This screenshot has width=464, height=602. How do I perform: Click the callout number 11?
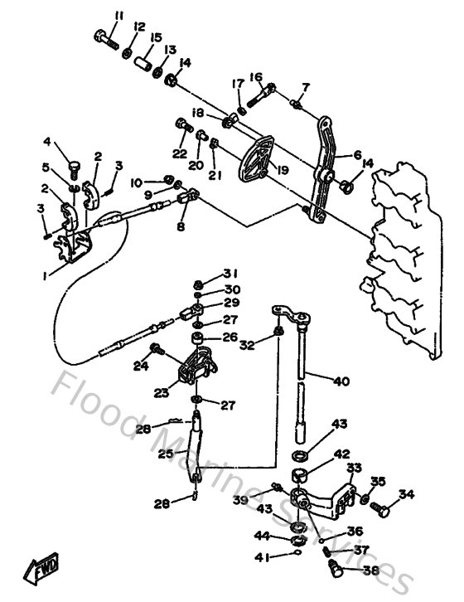click(118, 16)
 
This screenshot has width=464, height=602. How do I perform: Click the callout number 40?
click(341, 381)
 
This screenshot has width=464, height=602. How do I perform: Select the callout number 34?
click(406, 495)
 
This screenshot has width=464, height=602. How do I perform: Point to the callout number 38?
click(370, 570)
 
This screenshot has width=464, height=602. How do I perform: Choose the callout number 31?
click(230, 274)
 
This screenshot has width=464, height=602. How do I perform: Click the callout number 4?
click(47, 142)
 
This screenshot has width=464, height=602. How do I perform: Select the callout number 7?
click(305, 87)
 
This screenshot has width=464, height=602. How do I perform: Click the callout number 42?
click(342, 454)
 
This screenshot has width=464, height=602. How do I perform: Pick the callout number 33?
click(354, 468)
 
